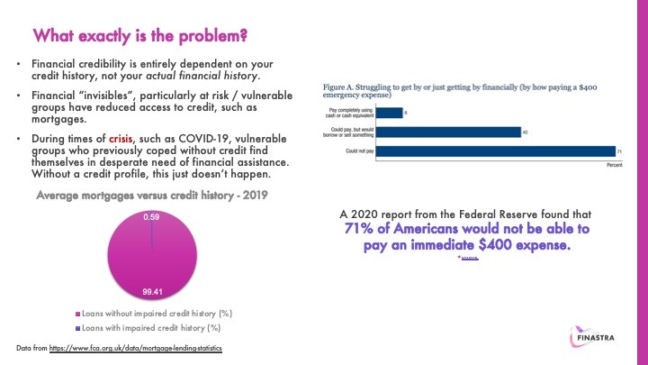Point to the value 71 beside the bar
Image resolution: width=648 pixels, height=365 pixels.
(x=620, y=151)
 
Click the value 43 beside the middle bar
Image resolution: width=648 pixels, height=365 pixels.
(x=526, y=132)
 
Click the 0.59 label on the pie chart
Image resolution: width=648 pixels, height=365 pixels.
(x=151, y=217)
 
